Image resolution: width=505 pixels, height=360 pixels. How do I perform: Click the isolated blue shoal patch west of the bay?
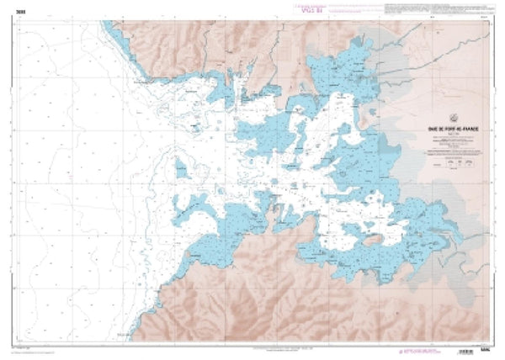click(x=178, y=167)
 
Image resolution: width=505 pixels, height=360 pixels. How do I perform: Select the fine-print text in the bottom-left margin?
click(x=34, y=346)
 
